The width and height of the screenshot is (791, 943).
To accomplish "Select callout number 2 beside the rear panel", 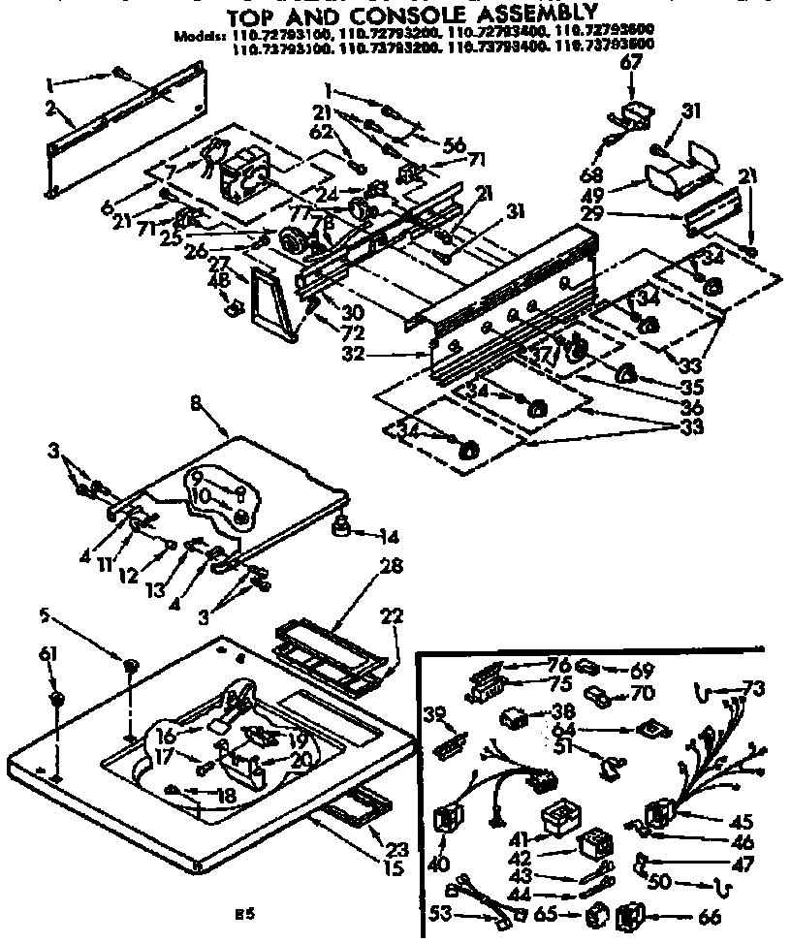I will (49, 108).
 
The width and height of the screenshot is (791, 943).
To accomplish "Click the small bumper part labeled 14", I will (341, 528).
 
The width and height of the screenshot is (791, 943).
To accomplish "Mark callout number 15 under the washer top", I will (394, 869).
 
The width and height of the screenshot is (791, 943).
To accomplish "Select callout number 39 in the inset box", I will (437, 713).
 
